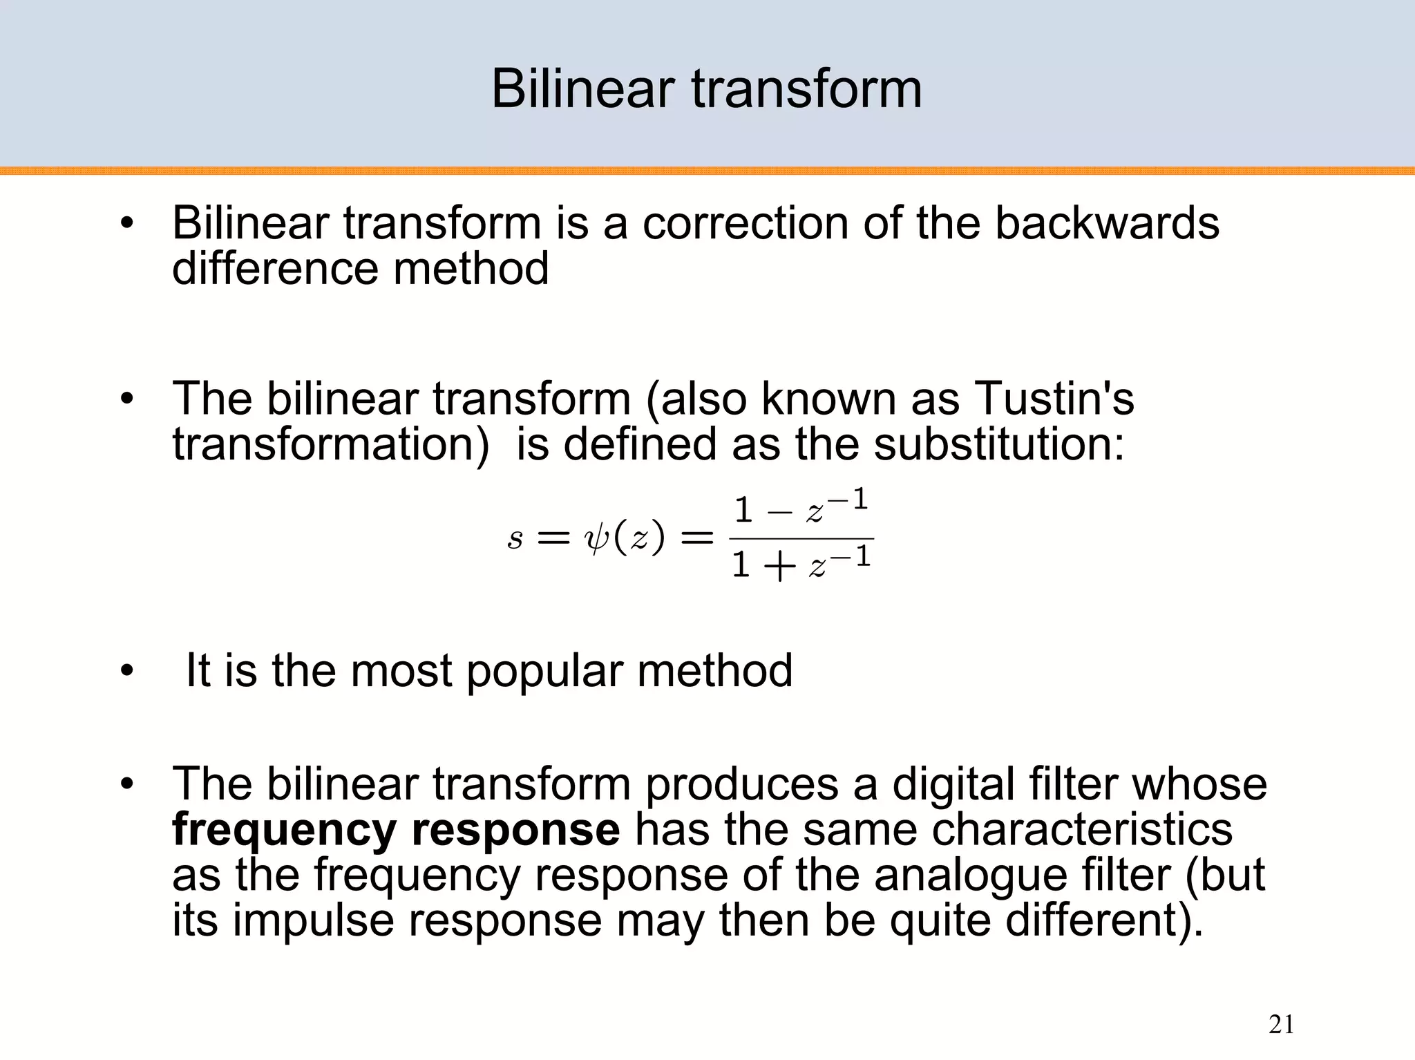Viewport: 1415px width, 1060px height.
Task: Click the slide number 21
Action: (1281, 1024)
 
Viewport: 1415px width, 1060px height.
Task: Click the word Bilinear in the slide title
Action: (582, 89)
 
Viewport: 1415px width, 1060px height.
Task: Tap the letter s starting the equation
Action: (515, 538)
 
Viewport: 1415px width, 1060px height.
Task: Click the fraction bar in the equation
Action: (801, 538)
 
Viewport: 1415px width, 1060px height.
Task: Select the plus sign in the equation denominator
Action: (780, 567)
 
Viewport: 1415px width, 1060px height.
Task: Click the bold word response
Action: (515, 830)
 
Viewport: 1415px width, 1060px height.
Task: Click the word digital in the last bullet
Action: (953, 784)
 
